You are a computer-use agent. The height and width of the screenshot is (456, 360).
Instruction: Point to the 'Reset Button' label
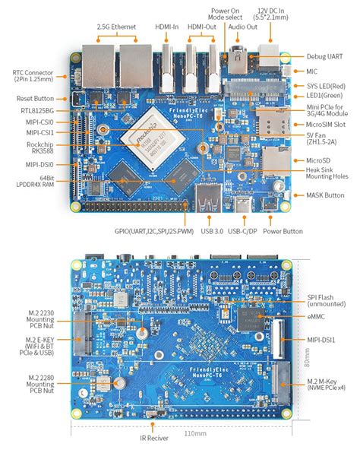34,98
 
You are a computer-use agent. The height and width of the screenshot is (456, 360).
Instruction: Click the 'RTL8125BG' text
37,110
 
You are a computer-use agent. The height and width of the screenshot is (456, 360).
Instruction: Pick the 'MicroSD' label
322,160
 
